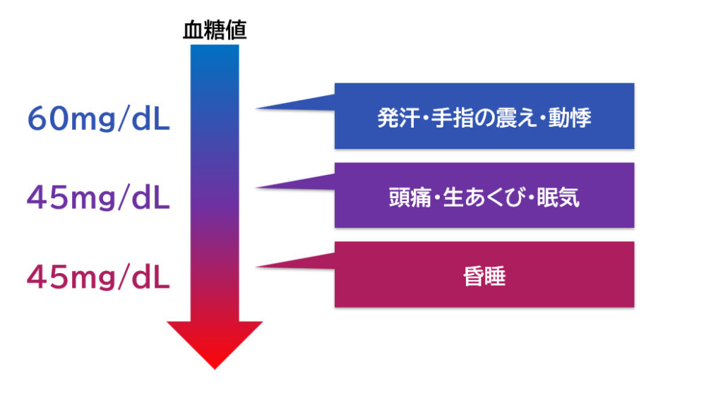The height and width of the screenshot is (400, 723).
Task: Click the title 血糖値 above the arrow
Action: pos(215,30)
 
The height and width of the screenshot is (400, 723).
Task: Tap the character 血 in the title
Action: pos(193,30)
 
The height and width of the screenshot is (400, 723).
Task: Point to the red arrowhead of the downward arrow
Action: pos(215,344)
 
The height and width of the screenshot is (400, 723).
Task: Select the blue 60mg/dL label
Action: pos(99,119)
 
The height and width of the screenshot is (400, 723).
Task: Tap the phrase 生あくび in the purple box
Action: pos(484,198)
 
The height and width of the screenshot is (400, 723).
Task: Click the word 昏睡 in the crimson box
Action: pos(484,277)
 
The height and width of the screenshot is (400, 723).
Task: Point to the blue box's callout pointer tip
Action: pos(257,109)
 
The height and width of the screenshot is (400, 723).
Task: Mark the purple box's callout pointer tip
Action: pos(257,188)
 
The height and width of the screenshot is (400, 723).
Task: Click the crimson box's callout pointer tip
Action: pos(257,267)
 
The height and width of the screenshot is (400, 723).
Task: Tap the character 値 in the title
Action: pos(237,30)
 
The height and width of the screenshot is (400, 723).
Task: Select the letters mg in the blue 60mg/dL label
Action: pos(93,121)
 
